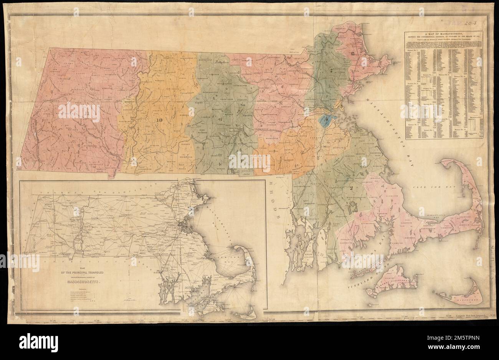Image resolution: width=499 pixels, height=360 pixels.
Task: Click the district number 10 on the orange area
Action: (x=159, y=119)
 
